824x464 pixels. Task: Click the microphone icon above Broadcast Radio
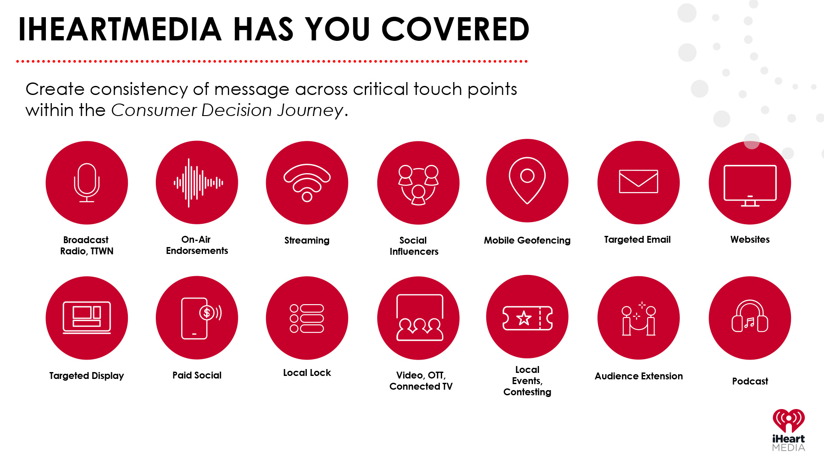[87, 183]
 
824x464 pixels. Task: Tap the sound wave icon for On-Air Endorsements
[198, 183]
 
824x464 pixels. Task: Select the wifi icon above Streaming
[307, 183]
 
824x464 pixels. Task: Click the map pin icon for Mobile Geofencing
[527, 180]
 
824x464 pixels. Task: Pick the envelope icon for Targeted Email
[638, 181]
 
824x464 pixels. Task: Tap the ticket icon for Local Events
[527, 318]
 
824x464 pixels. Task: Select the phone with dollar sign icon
[202, 318]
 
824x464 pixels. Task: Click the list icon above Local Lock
[307, 318]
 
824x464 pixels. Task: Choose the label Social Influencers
[414, 246]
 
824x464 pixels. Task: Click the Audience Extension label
[639, 376]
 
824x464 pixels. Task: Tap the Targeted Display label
[87, 376]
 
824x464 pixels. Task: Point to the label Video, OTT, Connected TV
[421, 381]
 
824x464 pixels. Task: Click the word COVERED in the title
[455, 29]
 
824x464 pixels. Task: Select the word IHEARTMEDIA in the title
[120, 29]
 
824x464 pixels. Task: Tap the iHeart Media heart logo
[788, 421]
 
